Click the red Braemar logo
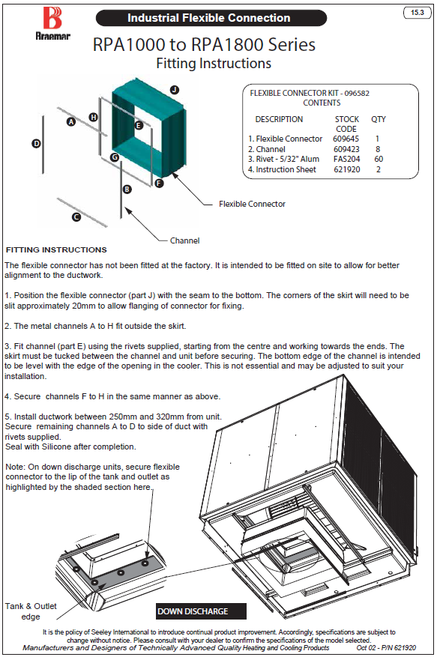[52, 19]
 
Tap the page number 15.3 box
[418, 13]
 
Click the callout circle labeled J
[175, 90]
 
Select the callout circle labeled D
[37, 144]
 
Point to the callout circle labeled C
[76, 217]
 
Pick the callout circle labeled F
[159, 183]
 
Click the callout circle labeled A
[71, 121]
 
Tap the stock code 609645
[346, 139]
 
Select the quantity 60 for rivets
[379, 159]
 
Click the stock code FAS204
[346, 159]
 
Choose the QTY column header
[378, 119]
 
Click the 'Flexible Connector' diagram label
[252, 204]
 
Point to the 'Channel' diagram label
[184, 240]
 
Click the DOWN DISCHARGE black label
[201, 611]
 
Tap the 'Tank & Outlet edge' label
[31, 611]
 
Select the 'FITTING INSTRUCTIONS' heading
[56, 249]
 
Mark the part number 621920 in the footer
[405, 648]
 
